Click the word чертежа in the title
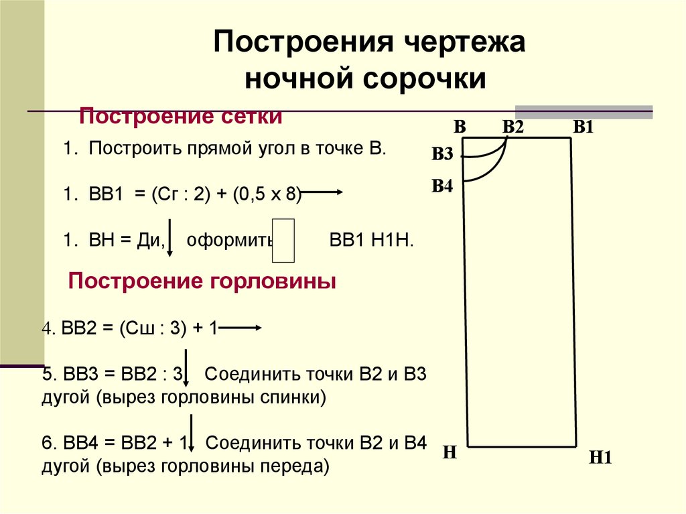point(464,44)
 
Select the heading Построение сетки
point(181,117)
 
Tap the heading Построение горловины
point(202,281)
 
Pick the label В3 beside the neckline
point(442,155)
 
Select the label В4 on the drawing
point(442,186)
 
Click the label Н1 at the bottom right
point(602,458)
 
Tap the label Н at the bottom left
point(450,453)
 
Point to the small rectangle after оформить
point(285,240)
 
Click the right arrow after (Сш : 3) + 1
point(239,328)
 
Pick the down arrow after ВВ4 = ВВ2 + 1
point(192,434)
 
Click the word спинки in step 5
point(297,398)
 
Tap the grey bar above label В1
point(584,112)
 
